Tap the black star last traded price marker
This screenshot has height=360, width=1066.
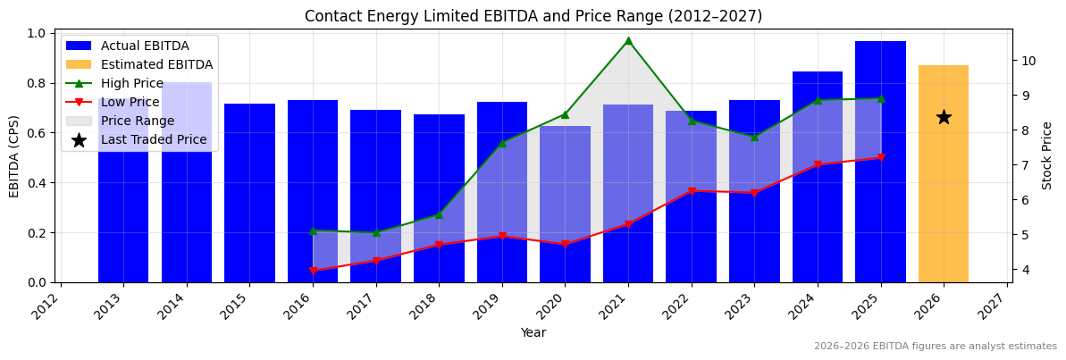tap(944, 117)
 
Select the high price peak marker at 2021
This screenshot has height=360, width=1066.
tap(628, 40)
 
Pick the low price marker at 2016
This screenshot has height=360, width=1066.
tap(313, 271)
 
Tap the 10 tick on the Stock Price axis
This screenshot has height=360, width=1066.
tap(1028, 61)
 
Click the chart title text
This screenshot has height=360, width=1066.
tap(533, 16)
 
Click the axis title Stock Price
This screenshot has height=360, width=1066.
tap(1047, 155)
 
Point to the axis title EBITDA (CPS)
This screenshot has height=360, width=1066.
tap(14, 156)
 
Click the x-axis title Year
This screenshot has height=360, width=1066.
tap(533, 333)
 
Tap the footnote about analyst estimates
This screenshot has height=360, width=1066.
tap(935, 347)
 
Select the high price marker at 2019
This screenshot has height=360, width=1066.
tap(502, 143)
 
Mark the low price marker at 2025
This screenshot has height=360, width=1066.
tap(881, 158)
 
